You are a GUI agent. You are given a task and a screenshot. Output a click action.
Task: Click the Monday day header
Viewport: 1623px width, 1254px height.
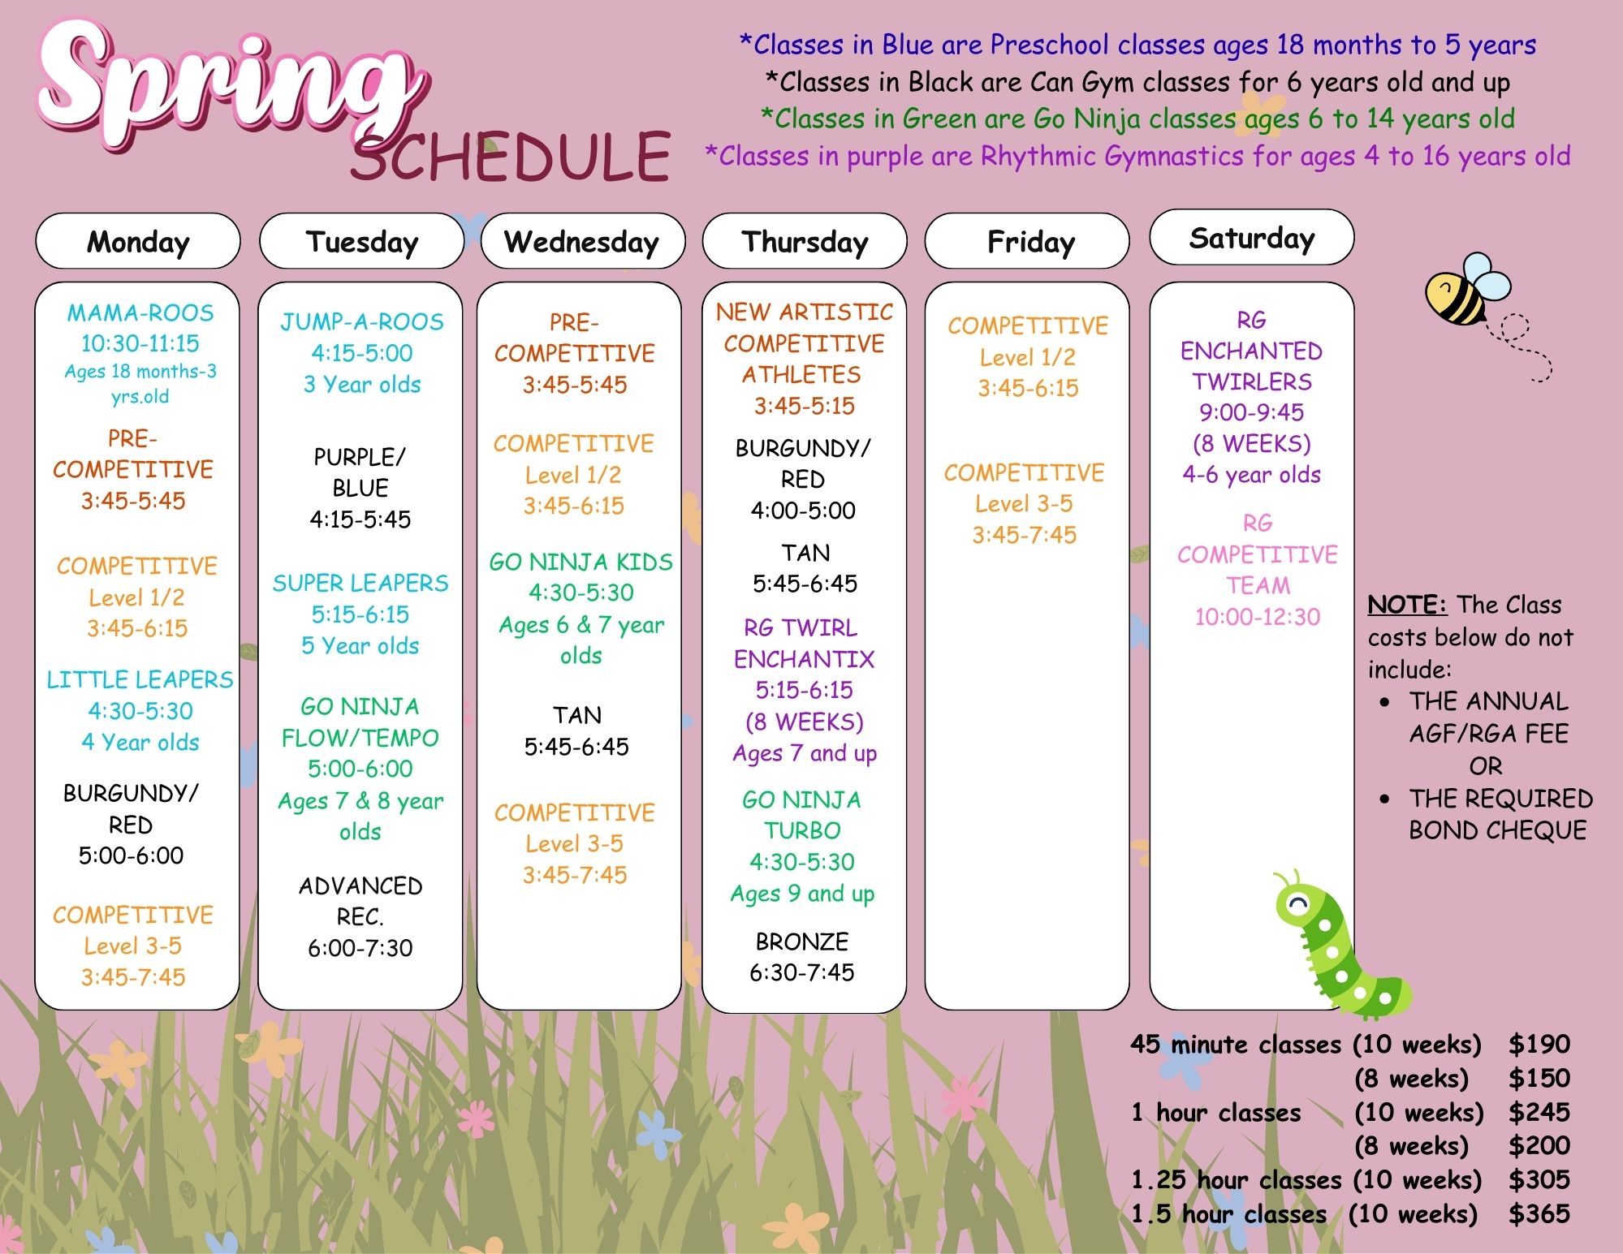(x=138, y=241)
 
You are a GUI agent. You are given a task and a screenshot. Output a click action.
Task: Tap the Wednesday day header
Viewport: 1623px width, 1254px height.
(x=582, y=241)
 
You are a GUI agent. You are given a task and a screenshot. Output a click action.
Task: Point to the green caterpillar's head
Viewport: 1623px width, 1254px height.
(x=1297, y=901)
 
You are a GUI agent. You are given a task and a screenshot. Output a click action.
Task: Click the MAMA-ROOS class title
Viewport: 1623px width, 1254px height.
(x=140, y=312)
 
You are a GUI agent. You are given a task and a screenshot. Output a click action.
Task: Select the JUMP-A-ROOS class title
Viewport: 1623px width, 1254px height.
(x=362, y=321)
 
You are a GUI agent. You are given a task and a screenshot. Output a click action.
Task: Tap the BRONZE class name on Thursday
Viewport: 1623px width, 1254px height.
(x=802, y=942)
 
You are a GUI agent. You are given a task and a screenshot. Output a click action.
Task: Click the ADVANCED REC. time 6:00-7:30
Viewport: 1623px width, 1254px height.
(x=360, y=947)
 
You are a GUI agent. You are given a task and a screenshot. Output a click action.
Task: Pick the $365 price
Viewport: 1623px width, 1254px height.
(x=1539, y=1213)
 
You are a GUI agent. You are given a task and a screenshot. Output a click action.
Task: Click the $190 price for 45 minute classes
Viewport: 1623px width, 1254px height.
(x=1539, y=1044)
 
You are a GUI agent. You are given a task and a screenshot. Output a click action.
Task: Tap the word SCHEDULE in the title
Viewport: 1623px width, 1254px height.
(x=511, y=156)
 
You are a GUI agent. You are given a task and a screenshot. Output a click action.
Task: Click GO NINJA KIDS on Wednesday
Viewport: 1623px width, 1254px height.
(x=581, y=562)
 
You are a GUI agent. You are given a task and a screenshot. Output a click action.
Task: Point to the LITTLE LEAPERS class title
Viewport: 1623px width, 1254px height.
(x=140, y=679)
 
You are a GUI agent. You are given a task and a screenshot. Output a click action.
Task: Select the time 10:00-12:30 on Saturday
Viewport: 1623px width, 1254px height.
(x=1258, y=617)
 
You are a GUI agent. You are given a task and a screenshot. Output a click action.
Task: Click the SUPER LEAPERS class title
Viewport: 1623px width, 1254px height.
(x=360, y=583)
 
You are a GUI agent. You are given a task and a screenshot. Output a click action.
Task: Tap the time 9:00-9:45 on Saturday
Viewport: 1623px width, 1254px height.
(x=1251, y=412)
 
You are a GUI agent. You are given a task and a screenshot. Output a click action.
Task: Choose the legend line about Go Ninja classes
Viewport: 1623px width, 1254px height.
(x=1137, y=119)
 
